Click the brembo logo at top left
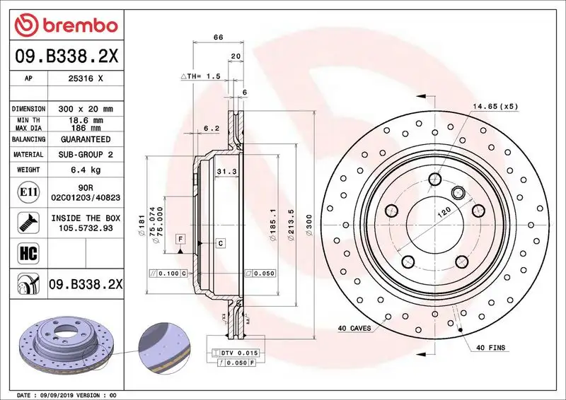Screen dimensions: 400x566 point(64,25)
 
